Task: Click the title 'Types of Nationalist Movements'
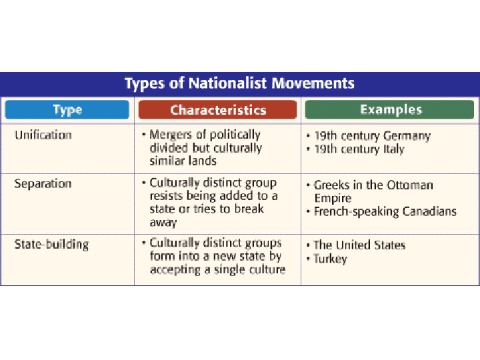239,84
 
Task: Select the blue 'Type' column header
67,110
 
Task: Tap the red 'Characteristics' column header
217,110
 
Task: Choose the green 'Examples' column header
391,109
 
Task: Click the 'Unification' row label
43,135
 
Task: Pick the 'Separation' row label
43,184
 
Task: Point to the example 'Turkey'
330,259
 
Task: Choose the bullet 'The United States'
359,245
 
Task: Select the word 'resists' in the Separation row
167,197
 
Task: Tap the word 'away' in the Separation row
163,223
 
